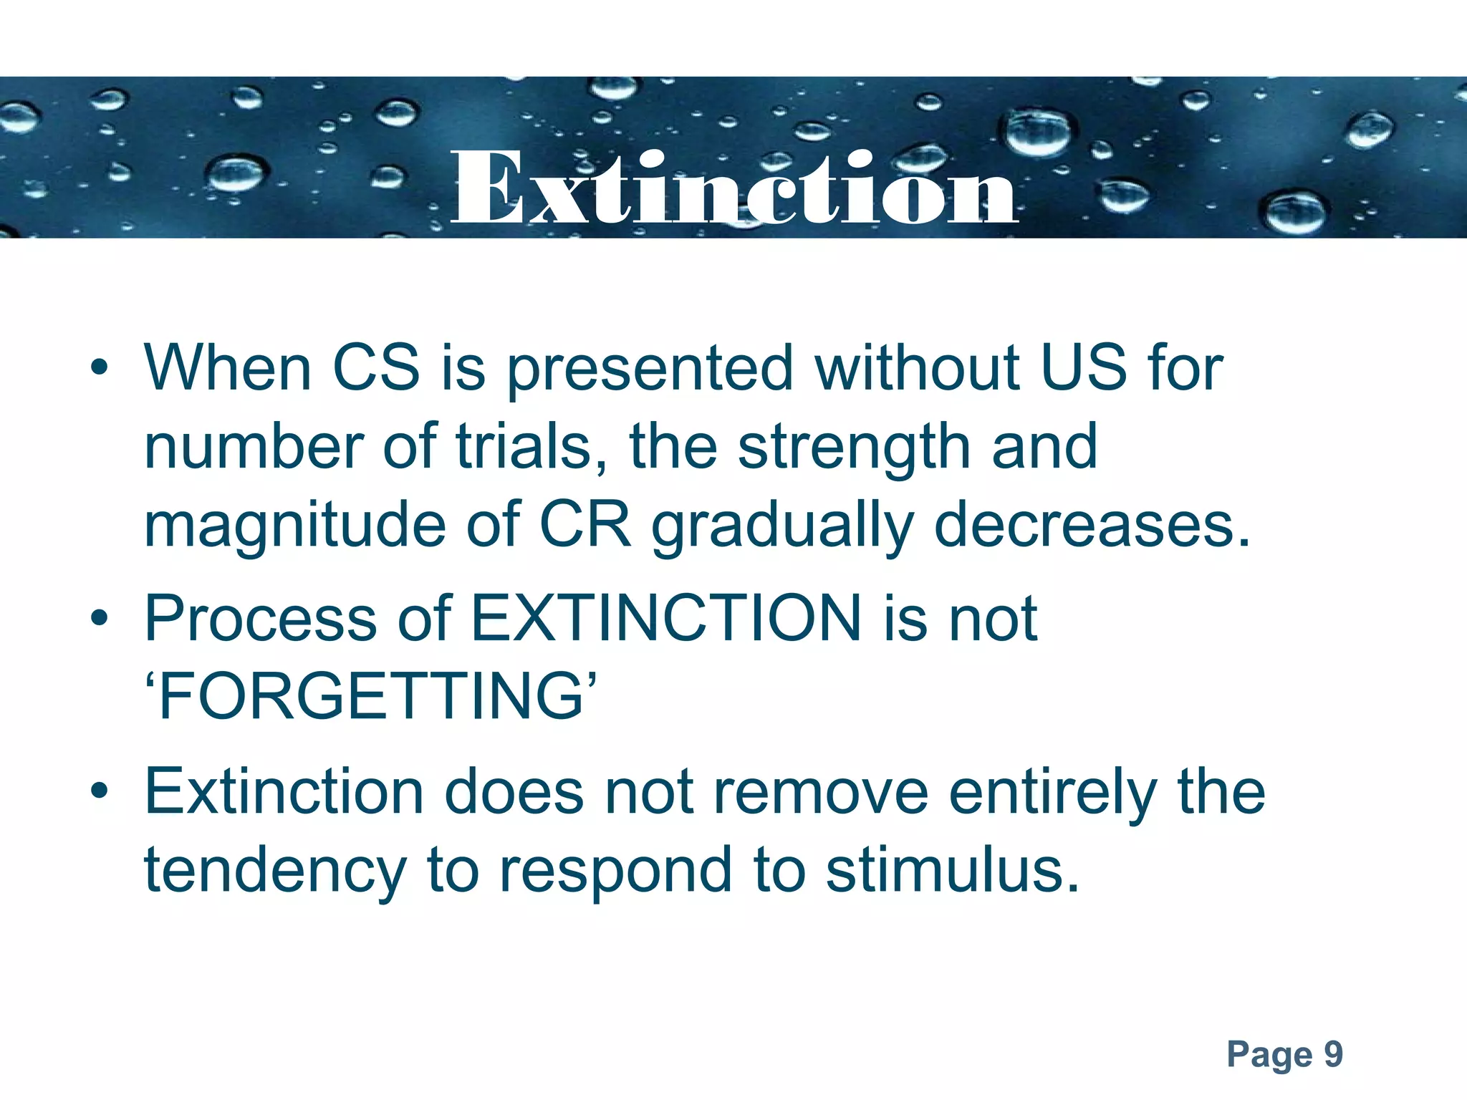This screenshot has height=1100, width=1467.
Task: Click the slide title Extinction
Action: click(x=733, y=188)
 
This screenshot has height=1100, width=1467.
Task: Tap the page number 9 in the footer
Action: click(x=1332, y=1054)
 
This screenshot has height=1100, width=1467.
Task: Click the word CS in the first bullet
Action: click(x=376, y=368)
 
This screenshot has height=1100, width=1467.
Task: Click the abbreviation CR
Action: click(x=585, y=524)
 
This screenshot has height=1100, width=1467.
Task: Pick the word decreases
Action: click(x=1092, y=524)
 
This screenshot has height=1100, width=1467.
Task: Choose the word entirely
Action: click(x=1053, y=793)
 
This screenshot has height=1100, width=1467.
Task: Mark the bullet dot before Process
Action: click(x=100, y=617)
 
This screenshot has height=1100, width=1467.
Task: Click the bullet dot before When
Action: click(x=100, y=368)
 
